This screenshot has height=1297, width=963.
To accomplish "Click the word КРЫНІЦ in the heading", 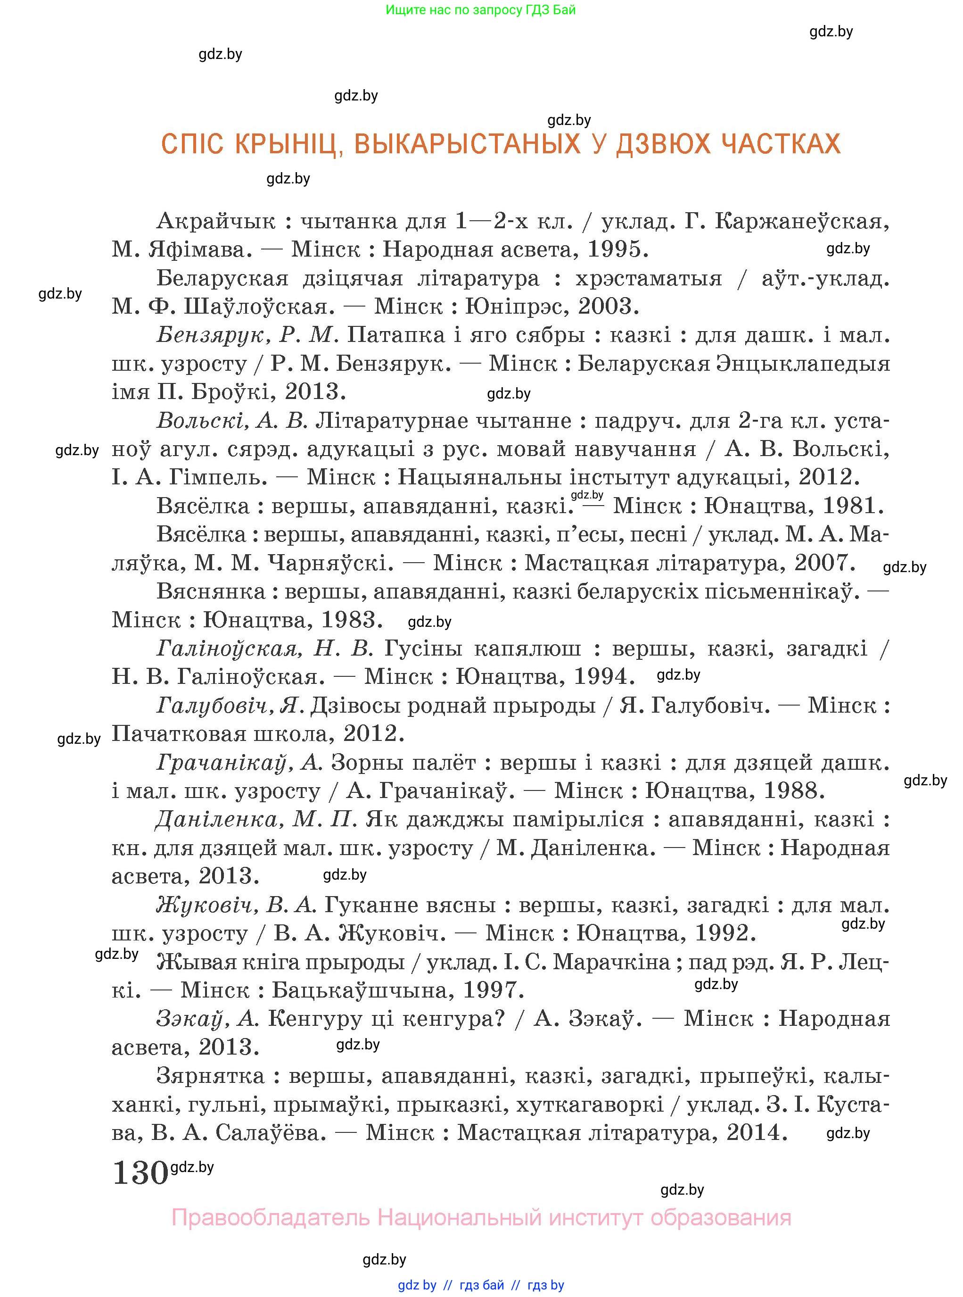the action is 286,144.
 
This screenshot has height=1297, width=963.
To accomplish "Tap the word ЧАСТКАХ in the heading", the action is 781,144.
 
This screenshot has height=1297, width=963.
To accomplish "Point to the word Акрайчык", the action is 216,222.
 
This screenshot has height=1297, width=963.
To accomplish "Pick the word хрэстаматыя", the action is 648,279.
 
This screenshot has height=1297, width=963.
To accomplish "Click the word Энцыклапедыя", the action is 734,364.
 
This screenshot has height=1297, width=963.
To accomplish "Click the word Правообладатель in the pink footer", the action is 271,1218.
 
